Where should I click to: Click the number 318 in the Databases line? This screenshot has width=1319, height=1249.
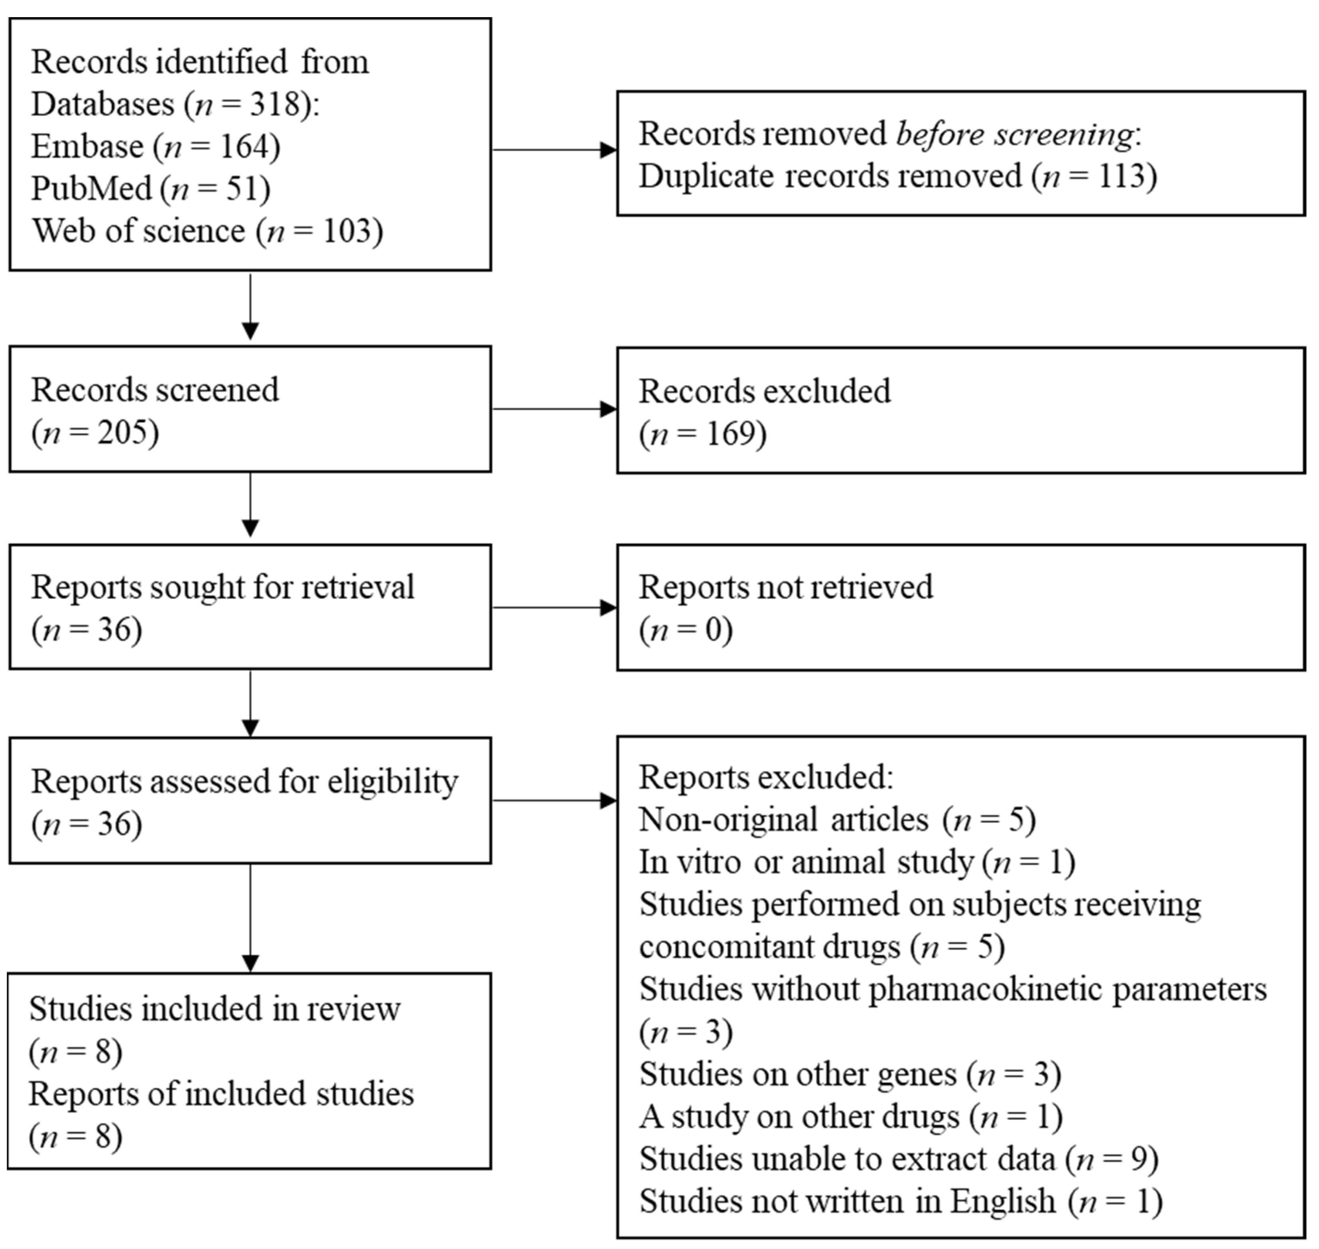pos(274,104)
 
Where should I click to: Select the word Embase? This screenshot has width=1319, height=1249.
pos(87,146)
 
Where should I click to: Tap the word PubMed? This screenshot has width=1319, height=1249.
pos(92,189)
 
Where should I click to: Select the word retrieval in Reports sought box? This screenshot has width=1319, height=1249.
pos(357,588)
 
